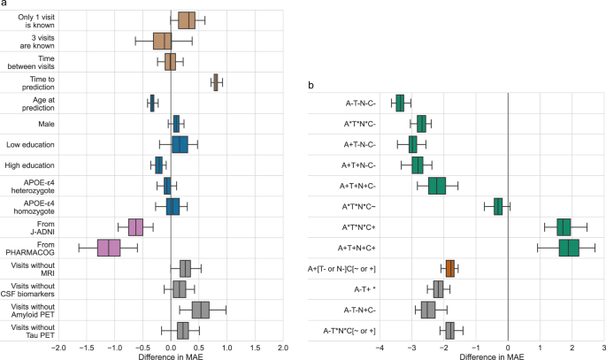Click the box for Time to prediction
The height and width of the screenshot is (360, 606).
pos(216,82)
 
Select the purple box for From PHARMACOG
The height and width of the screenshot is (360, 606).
pos(109,248)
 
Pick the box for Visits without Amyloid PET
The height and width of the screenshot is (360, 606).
pos(201,310)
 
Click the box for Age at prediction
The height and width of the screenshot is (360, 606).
pos(152,103)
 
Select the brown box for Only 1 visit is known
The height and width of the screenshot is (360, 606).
pos(187,20)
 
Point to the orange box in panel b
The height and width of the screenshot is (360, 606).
pos(450,268)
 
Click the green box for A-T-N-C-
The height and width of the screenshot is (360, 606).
pos(400,103)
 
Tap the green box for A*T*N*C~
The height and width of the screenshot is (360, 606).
pos(498,206)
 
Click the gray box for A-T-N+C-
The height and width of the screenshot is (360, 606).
pos(428,310)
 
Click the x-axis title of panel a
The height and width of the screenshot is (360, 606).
pos(170,356)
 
